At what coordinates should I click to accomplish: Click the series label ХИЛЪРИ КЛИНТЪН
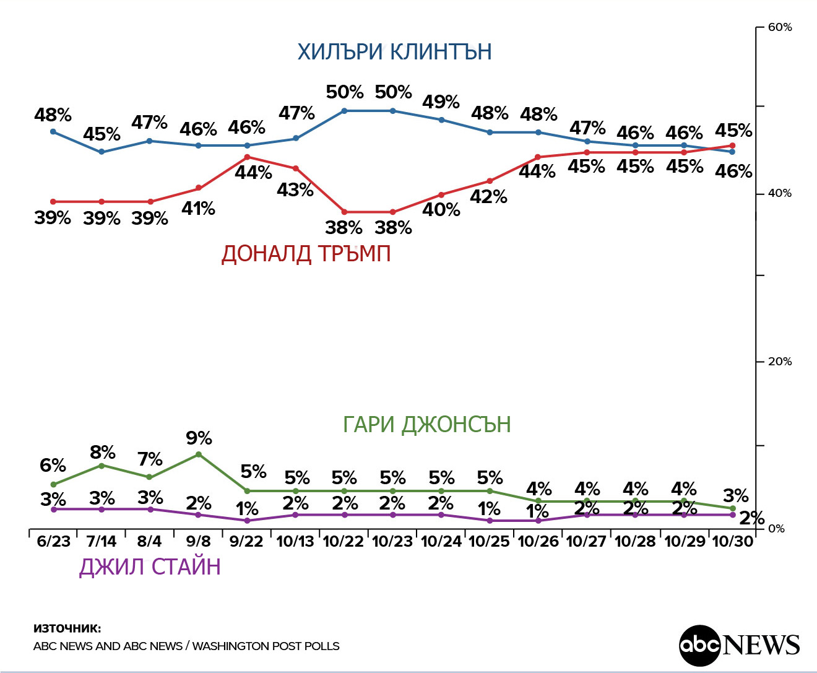tap(394, 51)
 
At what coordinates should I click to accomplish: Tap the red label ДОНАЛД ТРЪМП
tap(306, 254)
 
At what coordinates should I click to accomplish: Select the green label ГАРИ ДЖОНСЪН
tap(426, 425)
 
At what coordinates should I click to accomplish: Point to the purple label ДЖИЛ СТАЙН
tap(150, 567)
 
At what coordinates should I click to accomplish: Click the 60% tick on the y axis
tap(779, 27)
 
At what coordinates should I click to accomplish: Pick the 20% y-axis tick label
tap(779, 362)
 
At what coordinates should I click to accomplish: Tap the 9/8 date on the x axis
tap(198, 541)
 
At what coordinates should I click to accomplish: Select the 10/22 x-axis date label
tap(344, 541)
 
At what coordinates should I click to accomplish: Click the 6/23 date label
tap(53, 541)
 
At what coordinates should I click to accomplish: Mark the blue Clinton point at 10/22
tap(344, 111)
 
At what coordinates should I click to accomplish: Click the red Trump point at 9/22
tap(247, 157)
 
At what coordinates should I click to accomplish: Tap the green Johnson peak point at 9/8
tap(199, 454)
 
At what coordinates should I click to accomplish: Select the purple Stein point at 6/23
tap(53, 509)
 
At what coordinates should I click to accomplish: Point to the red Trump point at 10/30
tap(733, 145)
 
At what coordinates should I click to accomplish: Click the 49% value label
tap(441, 102)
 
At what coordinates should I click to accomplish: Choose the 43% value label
tap(295, 189)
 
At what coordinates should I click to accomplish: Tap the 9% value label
tap(199, 438)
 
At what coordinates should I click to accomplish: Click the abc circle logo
tap(700, 645)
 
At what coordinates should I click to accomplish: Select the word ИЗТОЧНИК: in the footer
tap(67, 628)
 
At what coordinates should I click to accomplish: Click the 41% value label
tap(198, 209)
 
